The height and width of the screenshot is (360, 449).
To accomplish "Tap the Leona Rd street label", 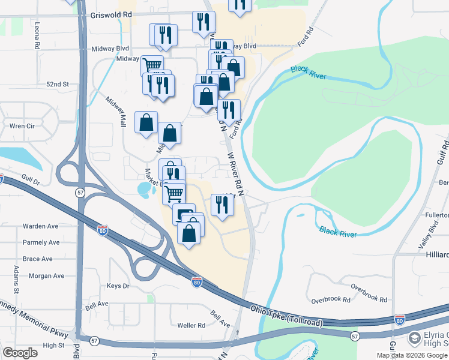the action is tap(37, 35).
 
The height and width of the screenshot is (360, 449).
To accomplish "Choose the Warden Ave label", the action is tap(40, 226).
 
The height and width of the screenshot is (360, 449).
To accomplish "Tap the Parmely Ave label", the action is tap(41, 242).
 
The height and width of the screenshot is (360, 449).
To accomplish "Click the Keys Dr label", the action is tap(118, 286).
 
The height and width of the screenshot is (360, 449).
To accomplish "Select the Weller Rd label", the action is tap(191, 325).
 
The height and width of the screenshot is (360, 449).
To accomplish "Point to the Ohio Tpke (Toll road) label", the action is tap(287, 317).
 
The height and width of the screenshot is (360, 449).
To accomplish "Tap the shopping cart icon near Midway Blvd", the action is tap(152, 65).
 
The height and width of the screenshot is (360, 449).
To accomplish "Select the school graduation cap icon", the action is tap(414, 339).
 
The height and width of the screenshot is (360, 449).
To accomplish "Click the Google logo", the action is tap(20, 353).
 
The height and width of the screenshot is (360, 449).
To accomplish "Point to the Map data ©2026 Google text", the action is tap(412, 355).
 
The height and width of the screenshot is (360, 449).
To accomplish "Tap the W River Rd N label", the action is tap(237, 173).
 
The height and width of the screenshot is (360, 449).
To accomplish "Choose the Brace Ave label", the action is tap(38, 259).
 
